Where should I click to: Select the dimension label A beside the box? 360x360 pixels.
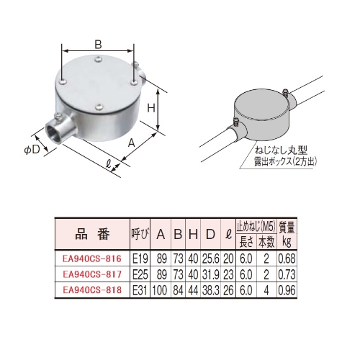tap(132, 143)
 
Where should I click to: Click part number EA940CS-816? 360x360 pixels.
tap(91, 257)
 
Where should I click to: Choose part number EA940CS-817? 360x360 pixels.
tap(91, 274)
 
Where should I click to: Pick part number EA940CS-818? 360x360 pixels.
tap(91, 289)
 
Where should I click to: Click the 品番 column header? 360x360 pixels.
tap(91, 234)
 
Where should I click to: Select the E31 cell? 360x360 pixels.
tap(140, 289)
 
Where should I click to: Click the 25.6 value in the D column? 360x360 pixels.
tap(211, 257)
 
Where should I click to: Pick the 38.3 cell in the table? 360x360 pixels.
tap(211, 289)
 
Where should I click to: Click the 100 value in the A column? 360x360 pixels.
tap(160, 289)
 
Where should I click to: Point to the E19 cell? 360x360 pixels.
tap(140, 257)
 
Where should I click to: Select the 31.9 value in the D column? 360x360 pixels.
tap(211, 274)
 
